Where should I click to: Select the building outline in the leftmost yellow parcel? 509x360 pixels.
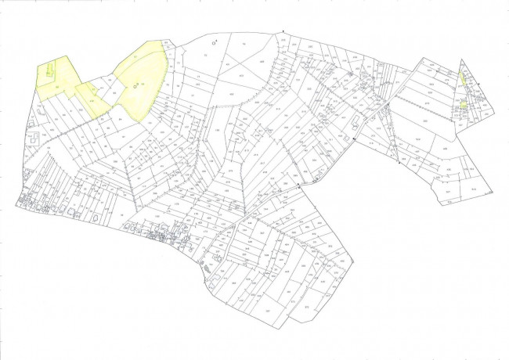coord(49,71)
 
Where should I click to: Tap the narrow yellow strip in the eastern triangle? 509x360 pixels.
coord(463,77)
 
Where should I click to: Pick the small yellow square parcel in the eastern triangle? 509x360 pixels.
coord(464,104)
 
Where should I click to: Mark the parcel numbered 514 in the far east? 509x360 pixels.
coord(473,188)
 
